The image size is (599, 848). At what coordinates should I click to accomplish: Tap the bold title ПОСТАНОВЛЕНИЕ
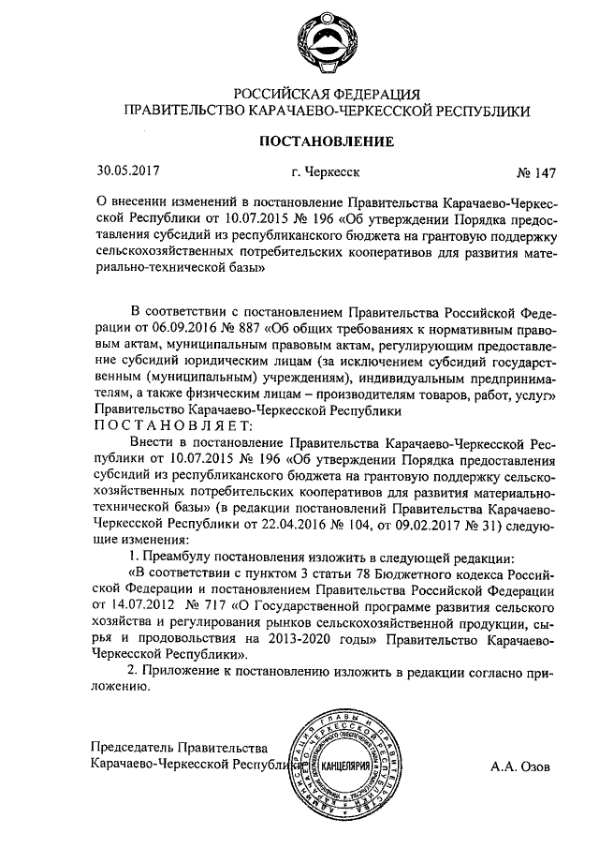tap(328, 142)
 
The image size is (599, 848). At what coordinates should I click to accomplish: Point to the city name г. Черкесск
tap(326, 173)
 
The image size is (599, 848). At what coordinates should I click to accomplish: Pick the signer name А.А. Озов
tap(521, 766)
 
